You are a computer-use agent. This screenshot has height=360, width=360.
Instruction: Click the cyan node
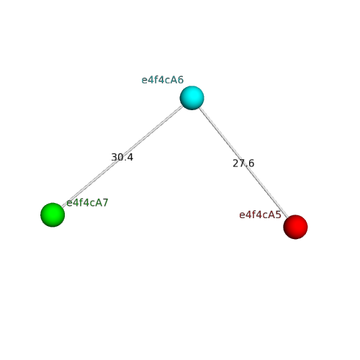pos(192,98)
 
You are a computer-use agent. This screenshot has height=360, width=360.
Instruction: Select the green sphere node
pos(53,215)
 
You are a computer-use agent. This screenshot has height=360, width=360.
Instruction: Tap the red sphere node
pos(295,227)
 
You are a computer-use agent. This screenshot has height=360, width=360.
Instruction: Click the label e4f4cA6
pos(163,80)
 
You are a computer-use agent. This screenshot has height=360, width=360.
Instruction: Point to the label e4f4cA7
pos(87,203)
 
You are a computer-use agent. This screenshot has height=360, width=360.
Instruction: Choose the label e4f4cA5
pos(260,215)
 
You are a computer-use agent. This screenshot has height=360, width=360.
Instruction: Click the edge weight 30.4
pos(122,157)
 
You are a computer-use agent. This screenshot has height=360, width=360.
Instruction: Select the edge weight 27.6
pos(243,163)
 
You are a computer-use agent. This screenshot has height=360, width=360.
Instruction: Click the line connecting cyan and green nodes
pos(122,156)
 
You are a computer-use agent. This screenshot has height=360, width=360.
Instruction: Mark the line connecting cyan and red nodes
pos(243,162)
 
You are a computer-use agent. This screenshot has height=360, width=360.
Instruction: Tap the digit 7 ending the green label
pos(105,203)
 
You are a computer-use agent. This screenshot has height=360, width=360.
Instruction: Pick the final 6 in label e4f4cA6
pos(181,80)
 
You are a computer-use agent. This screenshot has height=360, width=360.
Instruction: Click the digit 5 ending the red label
pos(279,215)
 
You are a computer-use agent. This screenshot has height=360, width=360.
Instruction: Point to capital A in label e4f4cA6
pos(174,80)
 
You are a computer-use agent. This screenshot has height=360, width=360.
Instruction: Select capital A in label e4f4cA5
pos(272,215)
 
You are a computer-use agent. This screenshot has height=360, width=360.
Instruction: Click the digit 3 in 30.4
pos(114,157)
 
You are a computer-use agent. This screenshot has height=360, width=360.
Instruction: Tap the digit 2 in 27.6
pos(235,163)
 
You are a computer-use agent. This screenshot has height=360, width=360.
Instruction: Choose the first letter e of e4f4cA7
pos(69,204)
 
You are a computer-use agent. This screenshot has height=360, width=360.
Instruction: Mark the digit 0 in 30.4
pos(120,157)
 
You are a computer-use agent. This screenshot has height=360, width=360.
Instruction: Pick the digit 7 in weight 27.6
pos(241,163)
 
